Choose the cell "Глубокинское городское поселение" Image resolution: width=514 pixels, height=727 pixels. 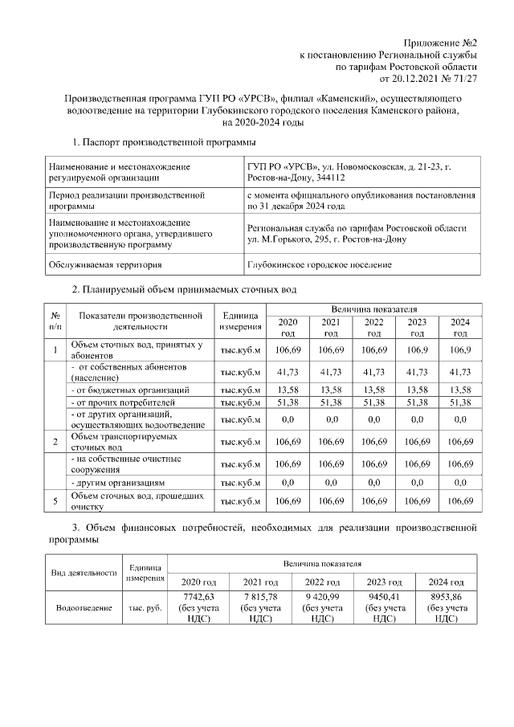[320, 264]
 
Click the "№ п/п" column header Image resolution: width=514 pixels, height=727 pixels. [55, 321]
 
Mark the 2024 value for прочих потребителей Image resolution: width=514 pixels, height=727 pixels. [460, 401]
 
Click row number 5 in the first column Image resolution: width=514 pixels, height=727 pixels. [55, 501]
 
